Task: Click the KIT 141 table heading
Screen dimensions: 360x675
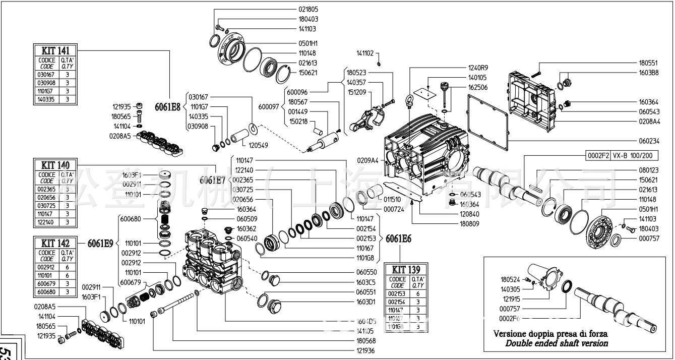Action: click(x=55, y=50)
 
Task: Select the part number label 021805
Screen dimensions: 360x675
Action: click(x=308, y=9)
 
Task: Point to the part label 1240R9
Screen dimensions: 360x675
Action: click(x=478, y=67)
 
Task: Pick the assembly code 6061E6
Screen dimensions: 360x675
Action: click(x=398, y=239)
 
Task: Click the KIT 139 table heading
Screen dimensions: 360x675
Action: click(x=406, y=270)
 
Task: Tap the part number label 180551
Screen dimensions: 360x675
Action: click(x=649, y=63)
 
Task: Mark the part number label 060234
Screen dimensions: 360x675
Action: click(x=649, y=141)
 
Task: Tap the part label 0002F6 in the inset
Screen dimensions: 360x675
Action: click(x=510, y=318)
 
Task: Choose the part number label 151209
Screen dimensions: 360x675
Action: click(x=356, y=92)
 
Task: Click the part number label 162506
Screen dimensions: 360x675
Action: click(x=478, y=87)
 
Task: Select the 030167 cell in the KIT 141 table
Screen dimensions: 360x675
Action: click(x=47, y=75)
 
